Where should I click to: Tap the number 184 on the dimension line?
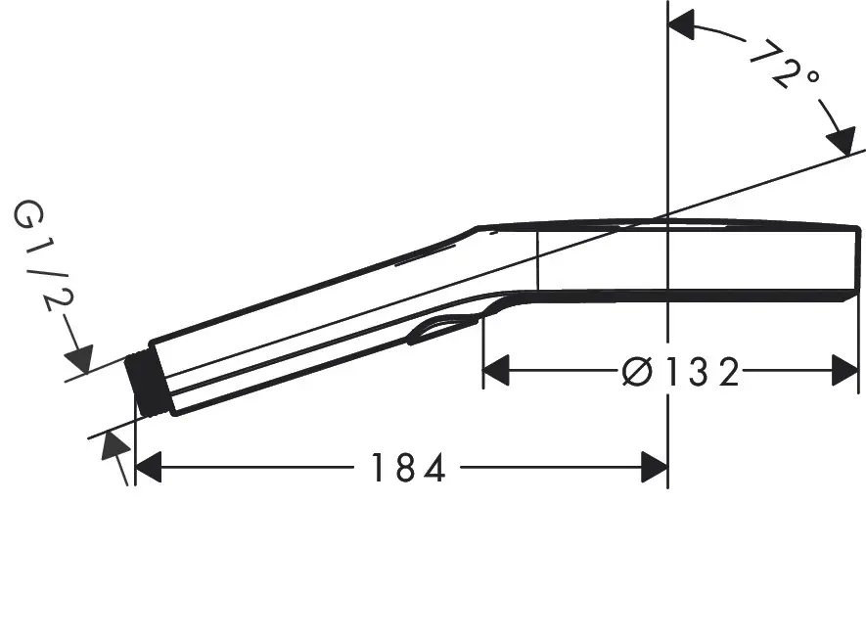point(407,469)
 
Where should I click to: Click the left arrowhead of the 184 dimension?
point(148,469)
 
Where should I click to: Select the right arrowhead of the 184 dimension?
point(654,469)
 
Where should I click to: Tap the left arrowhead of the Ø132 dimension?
point(497,371)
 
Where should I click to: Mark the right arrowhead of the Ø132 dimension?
point(844,371)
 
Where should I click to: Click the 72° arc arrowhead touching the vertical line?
point(682,27)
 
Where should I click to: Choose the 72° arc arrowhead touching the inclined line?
point(842,141)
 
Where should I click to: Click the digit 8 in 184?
point(407,469)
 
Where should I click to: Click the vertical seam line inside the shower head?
point(537,259)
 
